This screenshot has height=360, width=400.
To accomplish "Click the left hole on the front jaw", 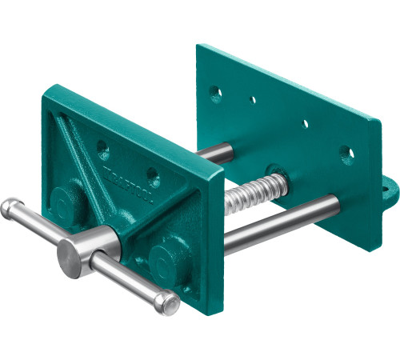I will pos(102,147).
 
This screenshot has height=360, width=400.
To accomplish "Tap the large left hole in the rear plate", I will pos(215,94).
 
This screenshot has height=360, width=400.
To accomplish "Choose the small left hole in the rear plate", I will pos(253,101).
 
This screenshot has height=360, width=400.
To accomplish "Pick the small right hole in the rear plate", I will pos(305,124).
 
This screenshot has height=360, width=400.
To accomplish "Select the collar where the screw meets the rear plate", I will pos(276,175).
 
